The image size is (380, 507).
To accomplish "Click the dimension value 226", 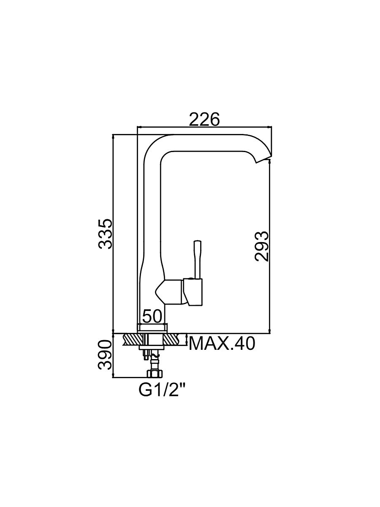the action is [204, 119].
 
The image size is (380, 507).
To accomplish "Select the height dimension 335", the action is [105, 234].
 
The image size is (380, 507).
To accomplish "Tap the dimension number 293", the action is [262, 246].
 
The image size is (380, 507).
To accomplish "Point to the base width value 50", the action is [152, 316].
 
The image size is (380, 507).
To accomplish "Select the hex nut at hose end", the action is [155, 373].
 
